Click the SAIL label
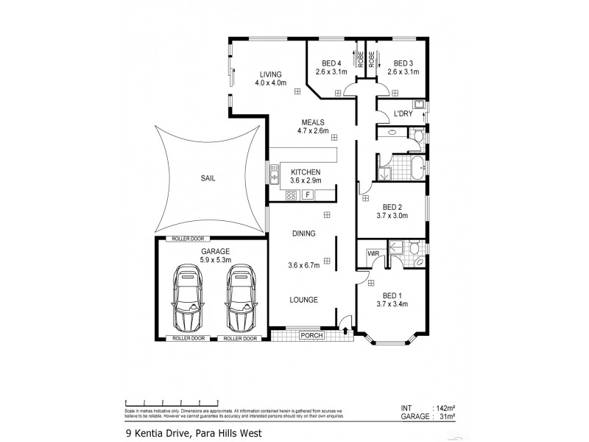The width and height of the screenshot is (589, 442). [x=209, y=178]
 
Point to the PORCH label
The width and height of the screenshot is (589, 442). [x=311, y=335]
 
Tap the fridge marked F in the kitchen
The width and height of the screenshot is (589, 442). [x=308, y=194]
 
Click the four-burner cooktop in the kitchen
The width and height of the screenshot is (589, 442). [x=290, y=195]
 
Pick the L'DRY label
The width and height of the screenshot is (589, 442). [x=403, y=113]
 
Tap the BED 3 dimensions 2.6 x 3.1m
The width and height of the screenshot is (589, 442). [x=403, y=72]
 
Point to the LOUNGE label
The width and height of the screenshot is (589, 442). [x=303, y=300]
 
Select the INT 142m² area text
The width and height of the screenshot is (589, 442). [x=426, y=407]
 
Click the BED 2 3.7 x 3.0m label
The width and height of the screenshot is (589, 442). [x=392, y=210]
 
